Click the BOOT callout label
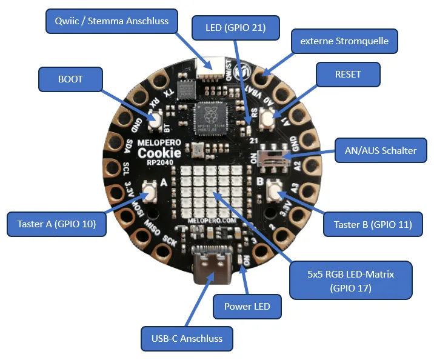click(70, 79)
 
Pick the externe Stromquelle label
click(344, 42)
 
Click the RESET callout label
click(348, 75)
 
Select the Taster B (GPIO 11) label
click(373, 224)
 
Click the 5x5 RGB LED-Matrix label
click(350, 281)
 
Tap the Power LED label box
click(247, 306)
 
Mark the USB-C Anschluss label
click(187, 338)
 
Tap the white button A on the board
click(149, 193)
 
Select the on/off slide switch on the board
click(271, 157)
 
